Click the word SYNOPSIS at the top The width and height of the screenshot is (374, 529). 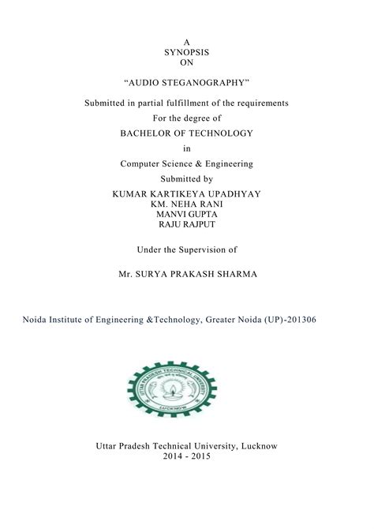[x=186, y=51]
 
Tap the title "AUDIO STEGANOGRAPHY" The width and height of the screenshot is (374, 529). [x=187, y=82]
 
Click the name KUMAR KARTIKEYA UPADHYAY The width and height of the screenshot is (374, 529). [x=187, y=193]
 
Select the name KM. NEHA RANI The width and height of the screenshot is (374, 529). [x=187, y=204]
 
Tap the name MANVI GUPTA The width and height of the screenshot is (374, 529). [x=187, y=213]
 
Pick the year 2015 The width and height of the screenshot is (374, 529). [x=203, y=457]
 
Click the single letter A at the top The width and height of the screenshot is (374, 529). [x=186, y=41]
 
